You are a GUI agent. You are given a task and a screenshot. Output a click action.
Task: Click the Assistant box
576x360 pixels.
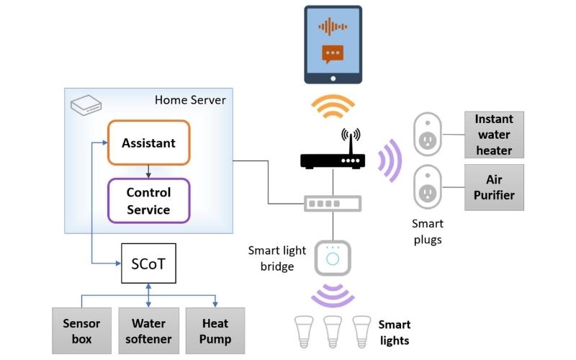(x=148, y=143)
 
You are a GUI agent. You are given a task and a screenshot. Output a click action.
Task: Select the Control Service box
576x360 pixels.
(x=148, y=201)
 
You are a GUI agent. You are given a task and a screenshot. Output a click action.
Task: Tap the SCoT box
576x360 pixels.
(x=148, y=264)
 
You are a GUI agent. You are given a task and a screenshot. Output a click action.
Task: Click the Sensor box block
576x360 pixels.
(x=81, y=331)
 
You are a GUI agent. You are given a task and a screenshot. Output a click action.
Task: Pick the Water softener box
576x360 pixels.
(x=148, y=331)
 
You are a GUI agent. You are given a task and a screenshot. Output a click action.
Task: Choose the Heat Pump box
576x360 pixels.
(x=215, y=331)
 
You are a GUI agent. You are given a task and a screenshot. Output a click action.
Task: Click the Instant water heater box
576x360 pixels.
(x=493, y=135)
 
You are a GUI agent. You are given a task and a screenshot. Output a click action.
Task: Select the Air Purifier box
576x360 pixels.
(x=493, y=187)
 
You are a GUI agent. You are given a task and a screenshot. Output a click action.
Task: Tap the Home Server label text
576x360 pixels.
(x=190, y=100)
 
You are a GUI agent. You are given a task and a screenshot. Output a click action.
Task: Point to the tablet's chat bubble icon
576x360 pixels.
(x=333, y=54)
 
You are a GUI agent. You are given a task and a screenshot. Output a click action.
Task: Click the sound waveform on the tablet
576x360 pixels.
(x=333, y=27)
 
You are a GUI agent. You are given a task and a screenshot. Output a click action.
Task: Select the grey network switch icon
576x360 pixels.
(x=333, y=204)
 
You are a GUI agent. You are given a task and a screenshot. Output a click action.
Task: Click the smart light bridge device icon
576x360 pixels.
(x=333, y=258)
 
